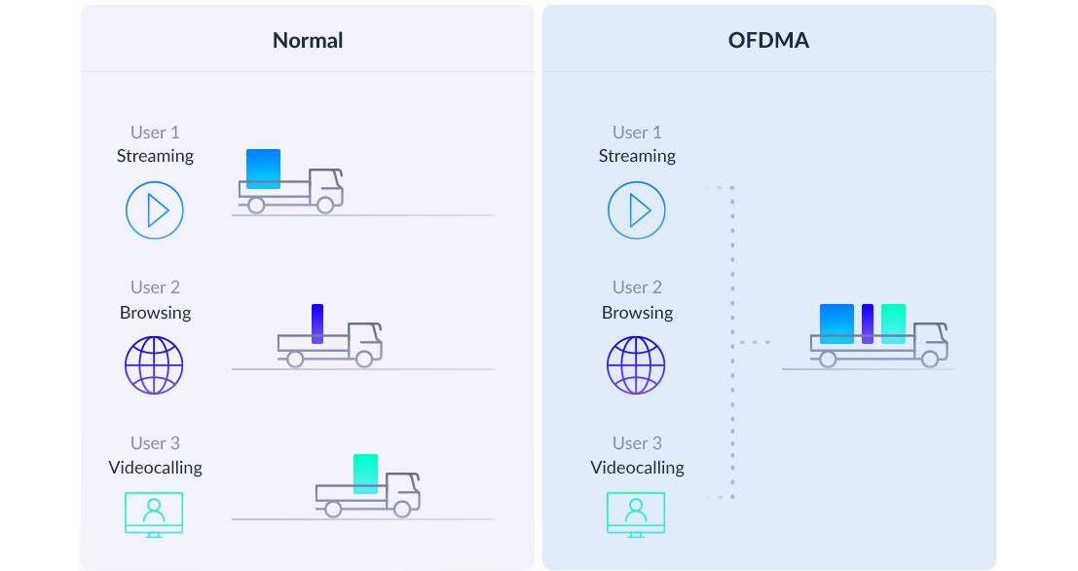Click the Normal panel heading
point(308,40)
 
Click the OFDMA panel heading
point(768,40)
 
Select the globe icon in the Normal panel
point(154,365)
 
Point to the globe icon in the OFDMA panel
point(636,365)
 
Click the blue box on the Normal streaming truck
point(263,169)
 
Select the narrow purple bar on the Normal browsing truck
point(316,324)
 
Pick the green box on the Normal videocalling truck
point(366,474)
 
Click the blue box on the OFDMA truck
point(836,324)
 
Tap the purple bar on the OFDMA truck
point(868,324)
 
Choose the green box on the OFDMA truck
point(893,324)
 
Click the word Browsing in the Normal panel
point(156,313)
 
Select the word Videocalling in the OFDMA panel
point(637,468)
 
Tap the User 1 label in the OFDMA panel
point(637,133)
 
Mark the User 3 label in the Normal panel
point(156,443)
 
